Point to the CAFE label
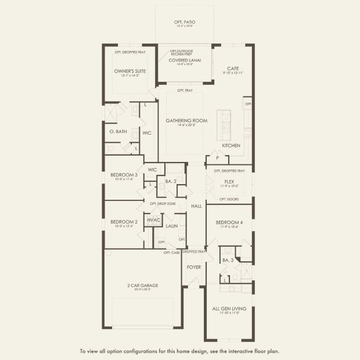(x=233, y=68)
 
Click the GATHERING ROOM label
(x=186, y=120)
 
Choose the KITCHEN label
(x=231, y=145)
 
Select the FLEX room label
(x=229, y=181)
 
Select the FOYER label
(x=193, y=266)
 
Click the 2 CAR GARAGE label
(x=143, y=285)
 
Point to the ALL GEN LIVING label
(x=229, y=308)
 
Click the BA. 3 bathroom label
(x=227, y=260)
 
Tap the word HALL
(x=196, y=206)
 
